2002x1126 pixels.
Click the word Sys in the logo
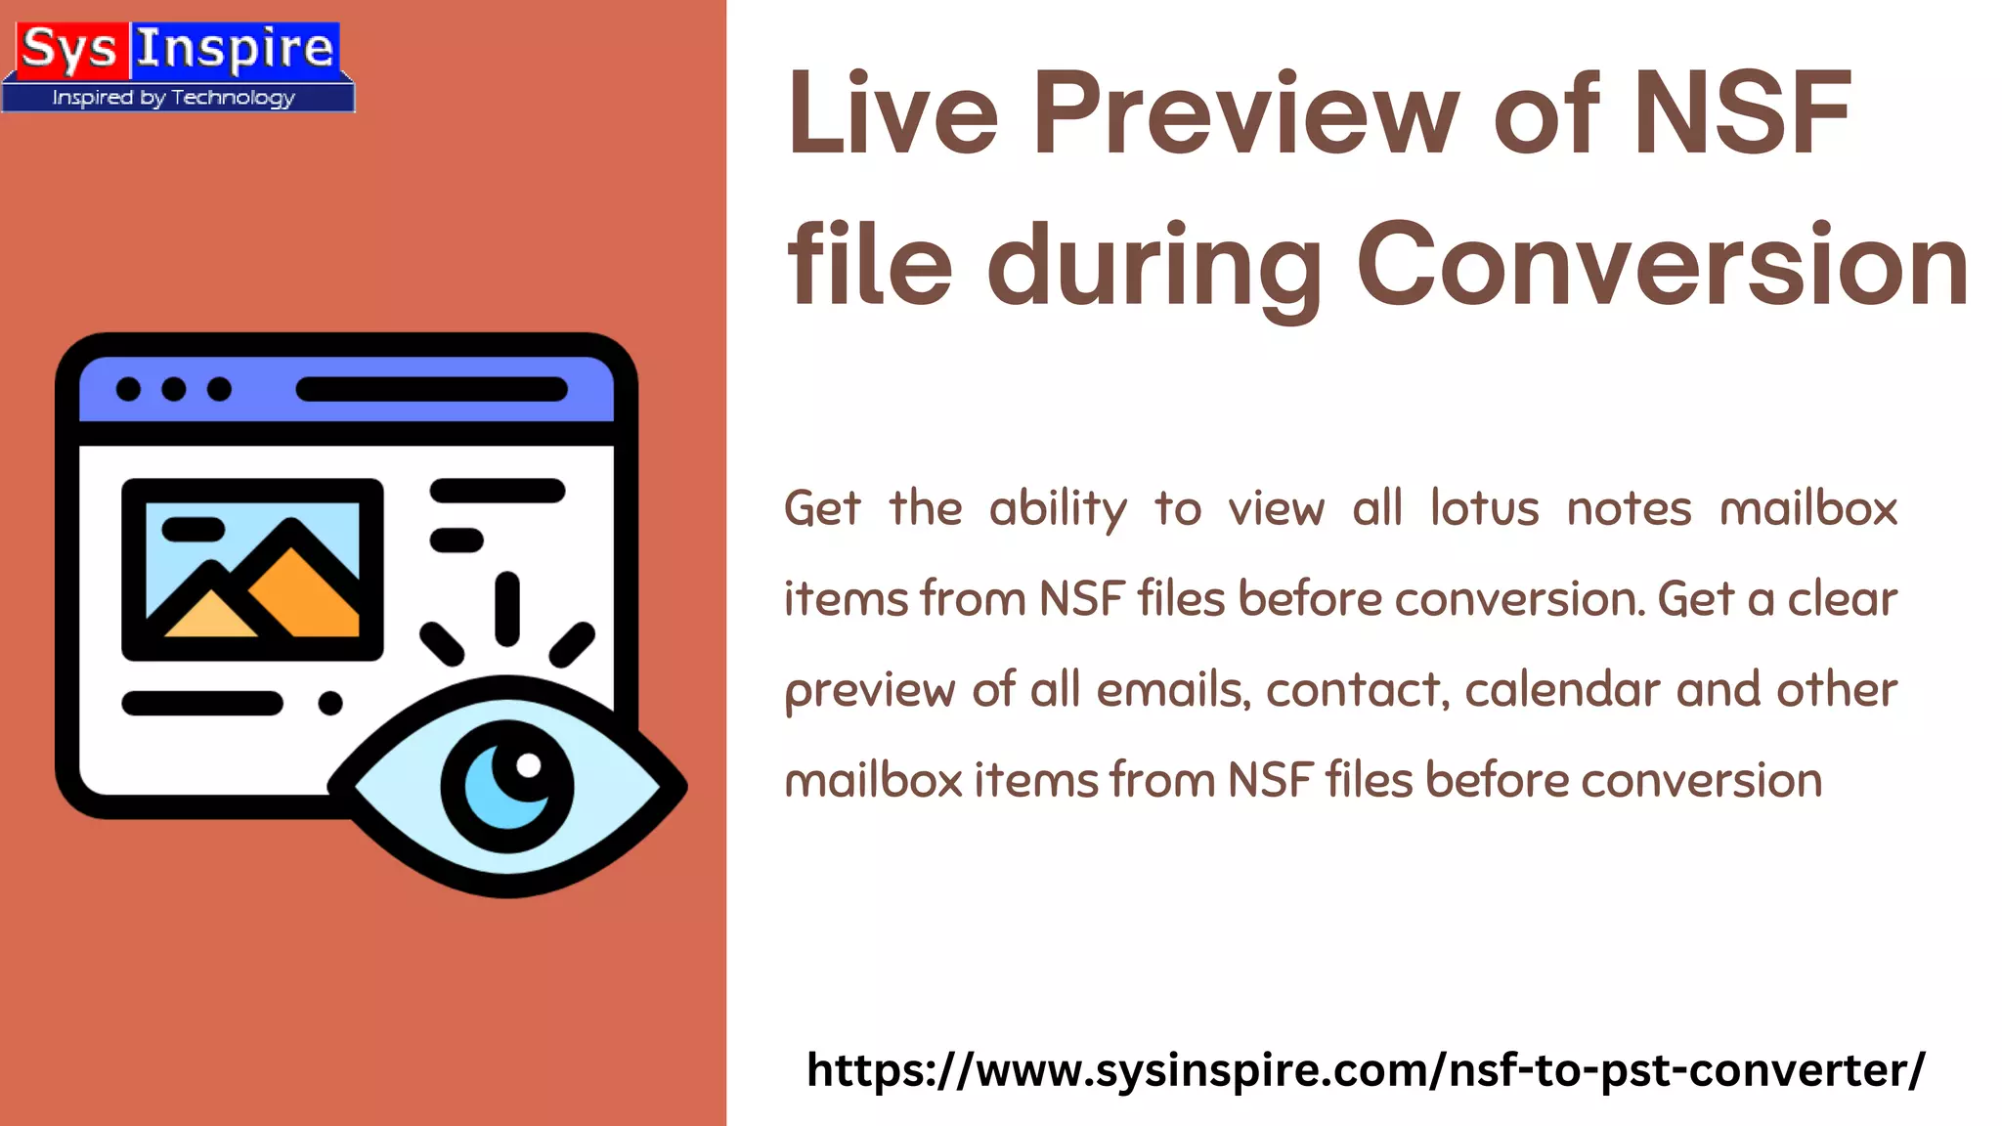click(x=67, y=49)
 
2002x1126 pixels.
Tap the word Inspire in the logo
click(x=235, y=49)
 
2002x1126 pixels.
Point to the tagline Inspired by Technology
click(x=174, y=98)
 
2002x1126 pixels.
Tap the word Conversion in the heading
click(x=1662, y=266)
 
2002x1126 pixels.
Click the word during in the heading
click(x=1154, y=266)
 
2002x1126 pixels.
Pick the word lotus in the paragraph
click(x=1484, y=509)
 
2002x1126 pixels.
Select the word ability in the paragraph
click(x=1058, y=509)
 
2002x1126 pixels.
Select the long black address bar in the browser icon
click(x=431, y=389)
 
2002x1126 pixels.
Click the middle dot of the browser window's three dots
click(x=174, y=389)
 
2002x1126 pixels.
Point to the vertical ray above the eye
click(x=506, y=609)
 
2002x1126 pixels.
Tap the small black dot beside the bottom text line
click(x=330, y=703)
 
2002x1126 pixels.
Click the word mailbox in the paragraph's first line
click(x=1808, y=509)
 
